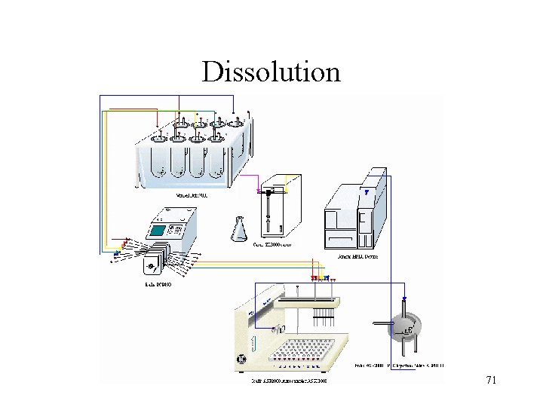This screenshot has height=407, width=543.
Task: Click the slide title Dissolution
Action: (271, 72)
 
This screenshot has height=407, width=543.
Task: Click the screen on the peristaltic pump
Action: (161, 230)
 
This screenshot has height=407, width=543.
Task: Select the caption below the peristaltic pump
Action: (158, 284)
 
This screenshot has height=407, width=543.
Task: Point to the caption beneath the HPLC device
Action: (360, 257)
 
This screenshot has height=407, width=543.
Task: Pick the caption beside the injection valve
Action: (400, 366)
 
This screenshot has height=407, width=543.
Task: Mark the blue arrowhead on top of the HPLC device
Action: (367, 192)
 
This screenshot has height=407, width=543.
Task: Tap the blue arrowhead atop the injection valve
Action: (404, 298)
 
